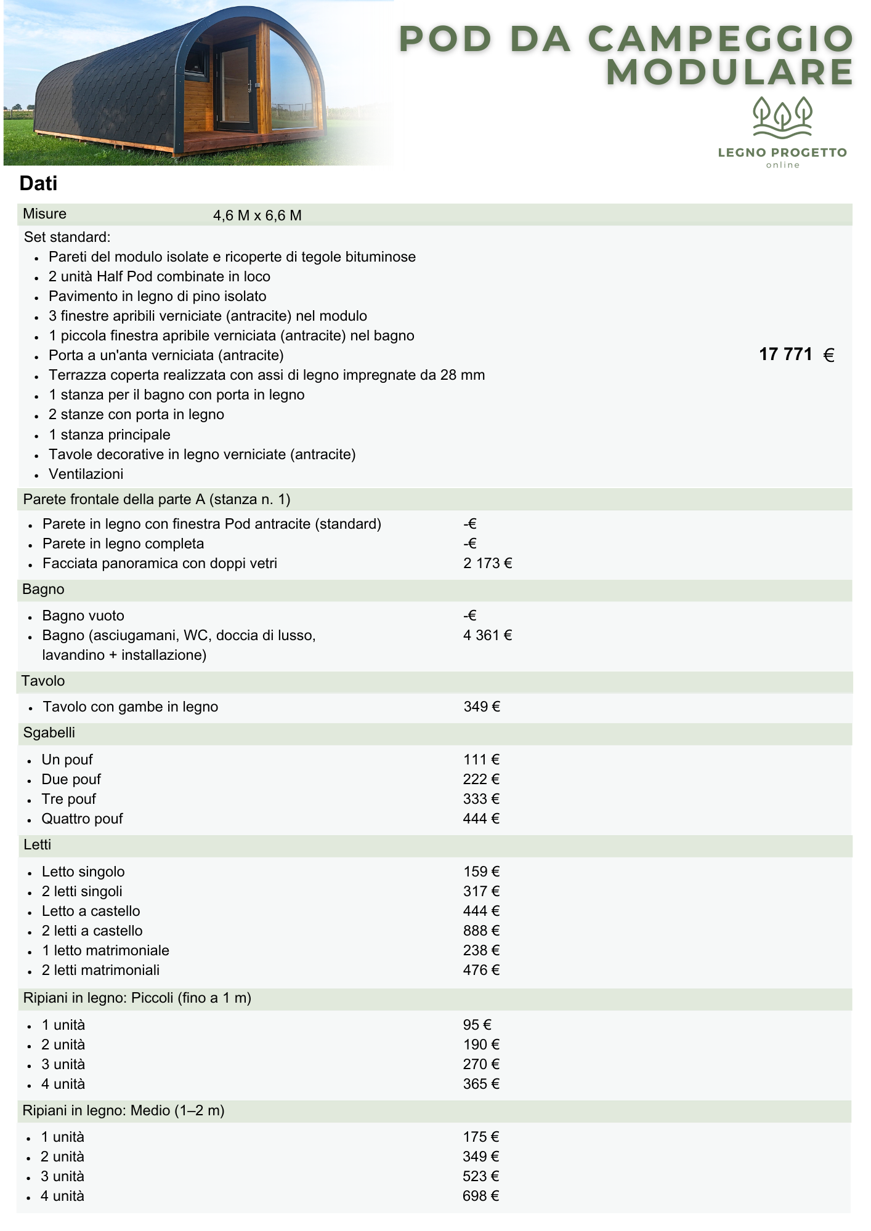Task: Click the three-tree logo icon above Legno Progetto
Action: (782, 116)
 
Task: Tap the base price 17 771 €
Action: (796, 355)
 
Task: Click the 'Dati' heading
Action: (38, 183)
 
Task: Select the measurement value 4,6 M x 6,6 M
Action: (257, 215)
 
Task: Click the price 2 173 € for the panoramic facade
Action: (487, 563)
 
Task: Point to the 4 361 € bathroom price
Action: (487, 635)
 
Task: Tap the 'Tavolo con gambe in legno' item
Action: (130, 707)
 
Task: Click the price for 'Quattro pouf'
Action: (481, 819)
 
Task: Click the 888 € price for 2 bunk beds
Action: (481, 931)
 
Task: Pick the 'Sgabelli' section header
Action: (49, 732)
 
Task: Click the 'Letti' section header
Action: (37, 844)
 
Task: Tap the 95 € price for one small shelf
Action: (477, 1025)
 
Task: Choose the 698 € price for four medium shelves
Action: (480, 1196)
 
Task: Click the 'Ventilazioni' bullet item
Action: (86, 474)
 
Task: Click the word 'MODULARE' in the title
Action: (729, 72)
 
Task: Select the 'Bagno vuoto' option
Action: (83, 615)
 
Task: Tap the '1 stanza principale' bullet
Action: (109, 435)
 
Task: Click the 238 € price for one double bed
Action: (481, 950)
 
